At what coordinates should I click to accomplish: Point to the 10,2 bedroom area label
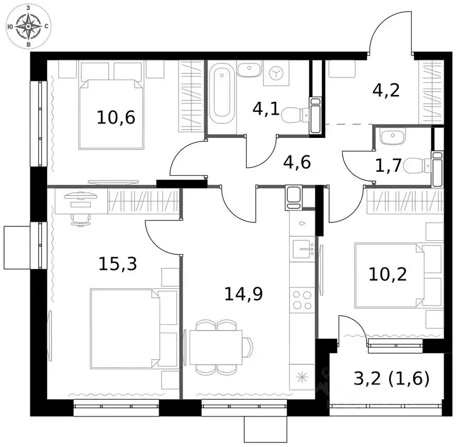click(389, 273)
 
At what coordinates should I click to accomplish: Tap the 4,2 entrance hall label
click(386, 91)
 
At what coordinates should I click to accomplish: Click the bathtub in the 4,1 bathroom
click(223, 96)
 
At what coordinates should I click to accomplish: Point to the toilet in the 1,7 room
click(418, 165)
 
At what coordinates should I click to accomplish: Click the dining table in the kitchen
click(215, 348)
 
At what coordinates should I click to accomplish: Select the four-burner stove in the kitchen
click(302, 301)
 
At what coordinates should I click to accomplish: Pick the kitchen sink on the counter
click(302, 250)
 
